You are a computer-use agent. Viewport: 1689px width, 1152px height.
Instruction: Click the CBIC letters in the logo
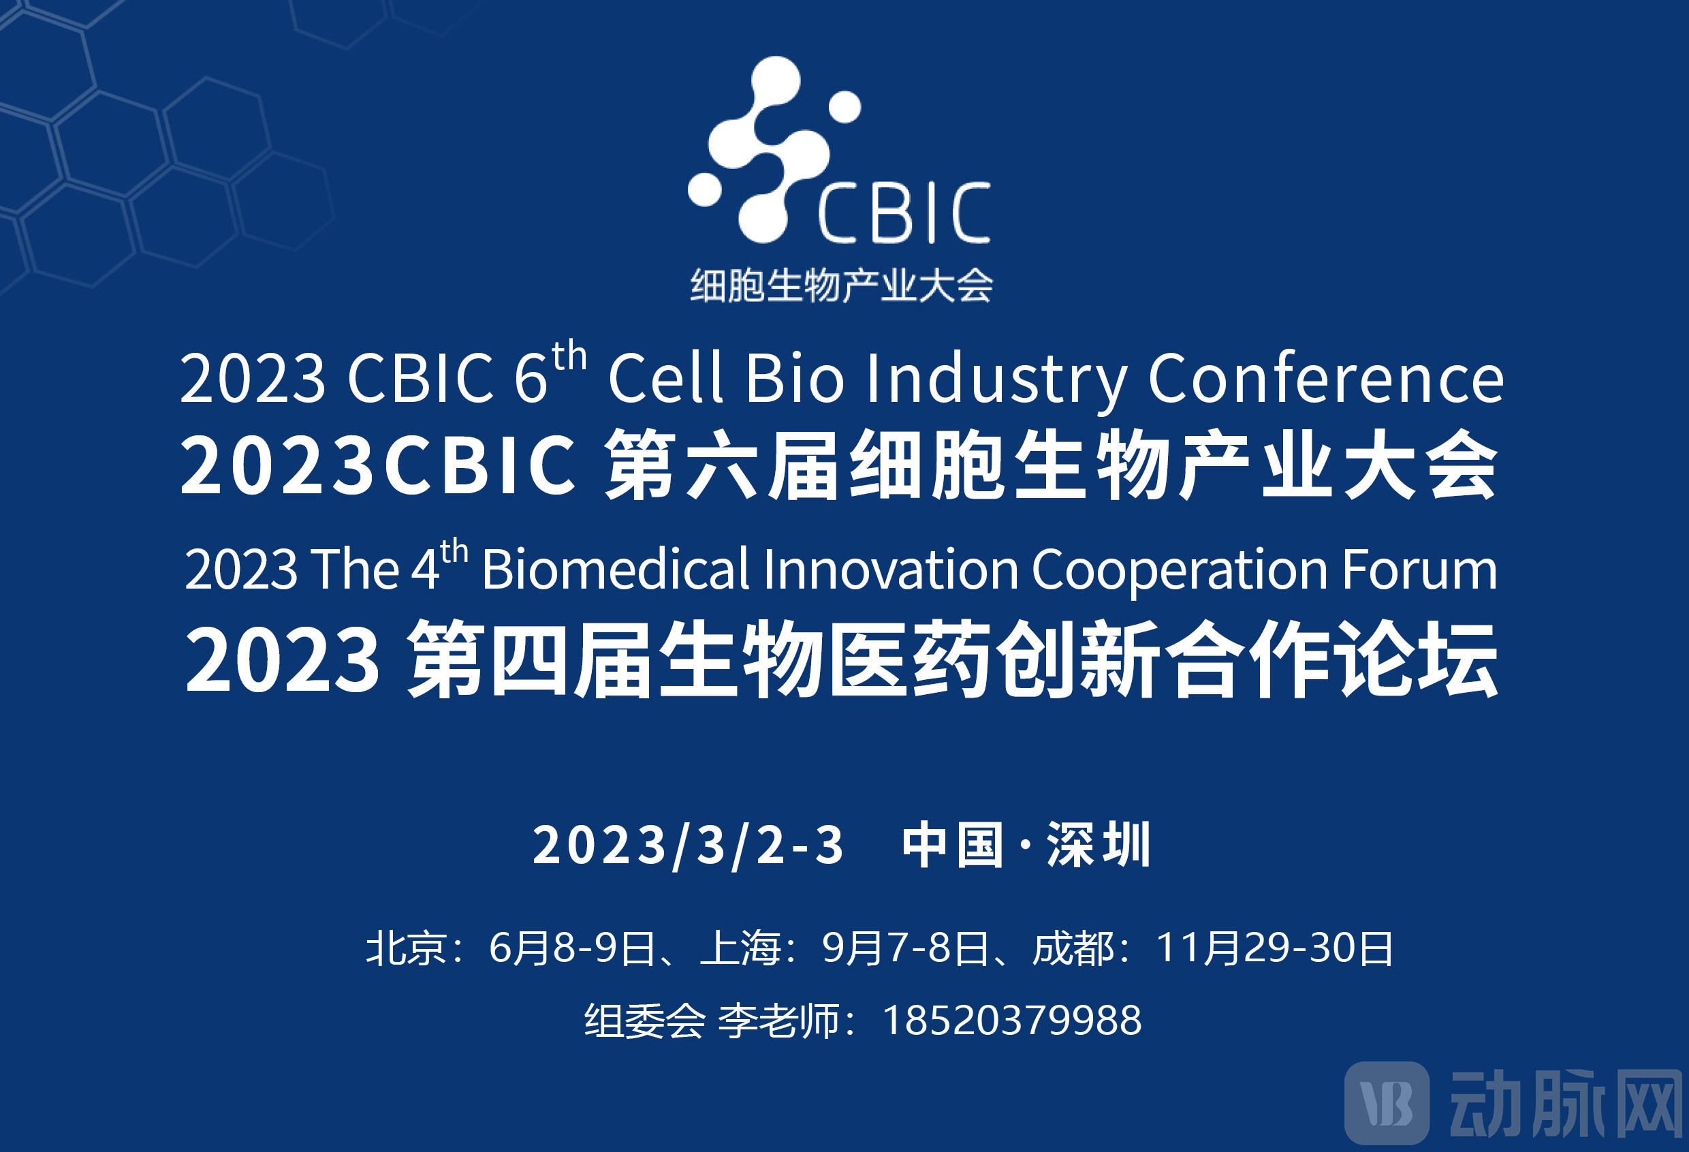coord(903,213)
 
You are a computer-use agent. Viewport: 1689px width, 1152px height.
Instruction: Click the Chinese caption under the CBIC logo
coord(841,285)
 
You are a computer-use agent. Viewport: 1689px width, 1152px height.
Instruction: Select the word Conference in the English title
coord(1325,378)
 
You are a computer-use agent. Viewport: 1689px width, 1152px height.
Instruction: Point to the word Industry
coord(996,379)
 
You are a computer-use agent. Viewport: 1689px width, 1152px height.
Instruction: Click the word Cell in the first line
coord(665,378)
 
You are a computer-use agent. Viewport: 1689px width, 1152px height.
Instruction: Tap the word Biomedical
coord(615,569)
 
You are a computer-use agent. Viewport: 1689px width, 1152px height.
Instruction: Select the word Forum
coord(1419,569)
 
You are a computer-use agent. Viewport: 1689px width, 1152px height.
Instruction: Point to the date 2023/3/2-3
coord(689,845)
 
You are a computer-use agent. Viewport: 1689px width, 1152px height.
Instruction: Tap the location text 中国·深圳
coord(1026,845)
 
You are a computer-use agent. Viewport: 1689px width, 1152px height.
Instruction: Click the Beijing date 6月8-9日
coord(572,948)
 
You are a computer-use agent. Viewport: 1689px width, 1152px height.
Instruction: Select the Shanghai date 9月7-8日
coord(905,948)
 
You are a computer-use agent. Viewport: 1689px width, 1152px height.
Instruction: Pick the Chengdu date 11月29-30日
coord(1274,948)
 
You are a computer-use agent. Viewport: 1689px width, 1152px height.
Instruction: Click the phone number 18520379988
coord(1011,1021)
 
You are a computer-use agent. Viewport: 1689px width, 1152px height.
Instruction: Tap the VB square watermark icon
coord(1387,1102)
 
